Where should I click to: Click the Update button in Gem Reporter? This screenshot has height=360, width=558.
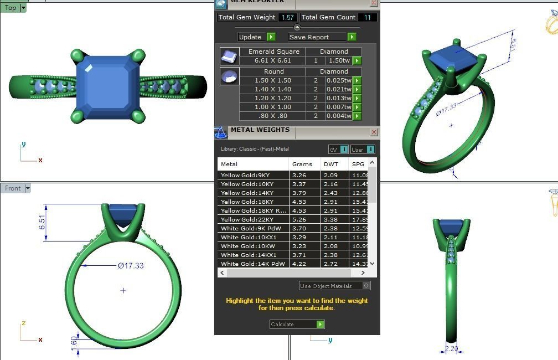click(x=256, y=37)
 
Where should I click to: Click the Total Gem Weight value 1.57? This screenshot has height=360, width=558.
click(x=288, y=17)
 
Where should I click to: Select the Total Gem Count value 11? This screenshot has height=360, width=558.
click(x=367, y=17)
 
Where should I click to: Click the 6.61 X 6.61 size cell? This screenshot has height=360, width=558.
click(x=272, y=60)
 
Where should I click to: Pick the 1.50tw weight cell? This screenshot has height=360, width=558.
click(x=339, y=60)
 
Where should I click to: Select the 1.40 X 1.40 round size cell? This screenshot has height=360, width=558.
click(x=272, y=89)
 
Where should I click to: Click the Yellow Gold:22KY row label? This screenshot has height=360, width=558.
click(x=247, y=219)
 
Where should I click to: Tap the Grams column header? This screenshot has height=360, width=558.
click(x=302, y=164)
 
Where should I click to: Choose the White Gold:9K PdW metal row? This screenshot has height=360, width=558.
click(x=251, y=228)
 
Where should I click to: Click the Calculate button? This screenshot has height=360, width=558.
click(x=297, y=324)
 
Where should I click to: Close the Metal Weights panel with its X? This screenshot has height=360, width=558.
click(x=374, y=132)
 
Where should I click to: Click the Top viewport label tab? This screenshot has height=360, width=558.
click(x=11, y=8)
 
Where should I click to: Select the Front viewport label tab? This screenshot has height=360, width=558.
click(x=13, y=188)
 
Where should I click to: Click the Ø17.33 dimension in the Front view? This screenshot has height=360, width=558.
click(x=131, y=266)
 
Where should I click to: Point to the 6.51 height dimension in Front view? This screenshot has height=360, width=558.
click(x=42, y=223)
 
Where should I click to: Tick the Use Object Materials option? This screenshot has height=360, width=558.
click(x=366, y=286)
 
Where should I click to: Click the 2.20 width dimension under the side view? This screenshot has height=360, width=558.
click(x=451, y=349)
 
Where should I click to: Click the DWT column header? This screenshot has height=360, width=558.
click(x=331, y=164)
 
